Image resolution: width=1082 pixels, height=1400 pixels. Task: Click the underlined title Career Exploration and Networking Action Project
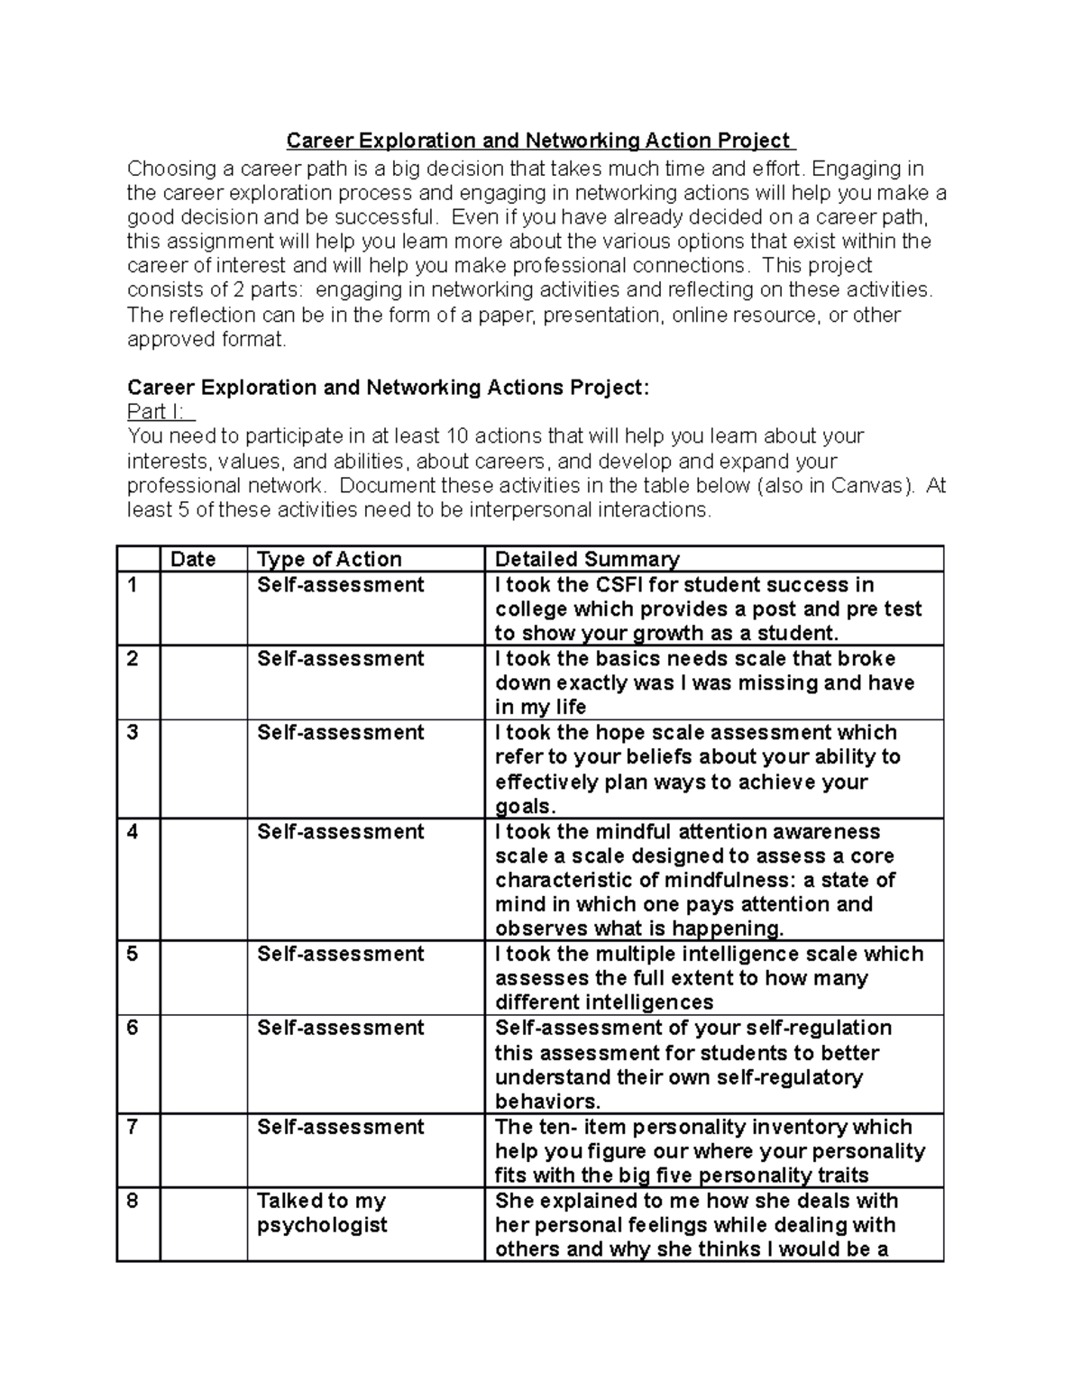[x=539, y=142]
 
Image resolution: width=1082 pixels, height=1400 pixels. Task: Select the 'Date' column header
[x=193, y=559]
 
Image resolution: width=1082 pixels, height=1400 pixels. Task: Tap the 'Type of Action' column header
[x=329, y=559]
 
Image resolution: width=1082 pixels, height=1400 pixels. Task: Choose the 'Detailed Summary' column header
[x=587, y=559]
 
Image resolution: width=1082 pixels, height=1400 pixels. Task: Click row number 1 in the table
[x=133, y=585]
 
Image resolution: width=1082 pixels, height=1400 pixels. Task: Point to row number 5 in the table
[x=133, y=954]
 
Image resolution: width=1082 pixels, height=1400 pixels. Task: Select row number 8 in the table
[x=133, y=1201]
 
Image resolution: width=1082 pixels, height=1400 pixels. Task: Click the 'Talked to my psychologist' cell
[x=322, y=1212]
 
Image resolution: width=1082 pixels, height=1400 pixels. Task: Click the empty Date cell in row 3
[x=203, y=768]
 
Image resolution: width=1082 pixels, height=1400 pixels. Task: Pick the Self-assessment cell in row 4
[x=340, y=831]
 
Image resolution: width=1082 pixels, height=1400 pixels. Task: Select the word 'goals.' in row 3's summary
[x=525, y=806]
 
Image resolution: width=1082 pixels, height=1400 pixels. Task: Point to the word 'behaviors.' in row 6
[x=547, y=1102]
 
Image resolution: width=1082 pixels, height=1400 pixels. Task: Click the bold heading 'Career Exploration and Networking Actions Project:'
[x=388, y=388]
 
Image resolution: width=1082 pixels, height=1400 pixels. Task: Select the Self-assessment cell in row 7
[x=340, y=1127]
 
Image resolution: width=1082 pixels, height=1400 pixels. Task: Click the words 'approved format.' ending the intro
[x=206, y=340]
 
